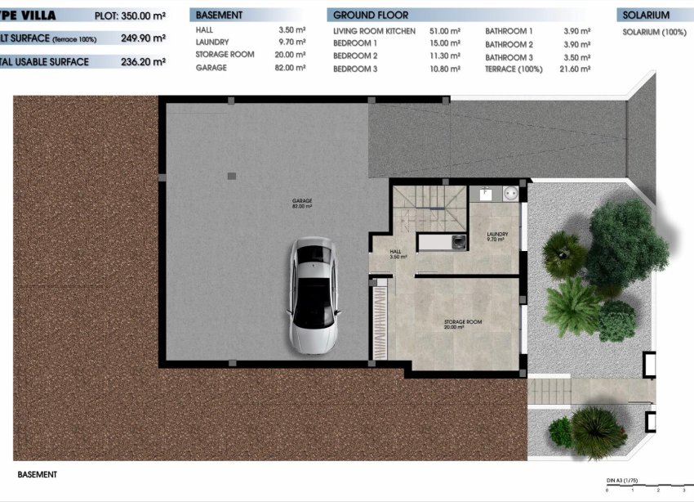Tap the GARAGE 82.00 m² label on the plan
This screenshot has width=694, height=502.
[x=302, y=204]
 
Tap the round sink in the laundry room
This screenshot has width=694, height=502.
[x=510, y=194]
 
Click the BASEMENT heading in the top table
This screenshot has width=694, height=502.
[x=220, y=16]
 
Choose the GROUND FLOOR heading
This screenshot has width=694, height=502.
[x=371, y=16]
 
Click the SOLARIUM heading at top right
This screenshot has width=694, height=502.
[x=646, y=16]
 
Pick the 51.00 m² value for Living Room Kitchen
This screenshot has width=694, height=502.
[x=443, y=31]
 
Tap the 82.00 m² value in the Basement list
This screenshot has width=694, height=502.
[x=291, y=69]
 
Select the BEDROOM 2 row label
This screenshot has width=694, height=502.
[x=355, y=56]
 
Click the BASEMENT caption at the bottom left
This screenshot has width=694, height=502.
[x=38, y=474]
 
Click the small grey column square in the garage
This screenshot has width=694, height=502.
[x=232, y=176]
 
